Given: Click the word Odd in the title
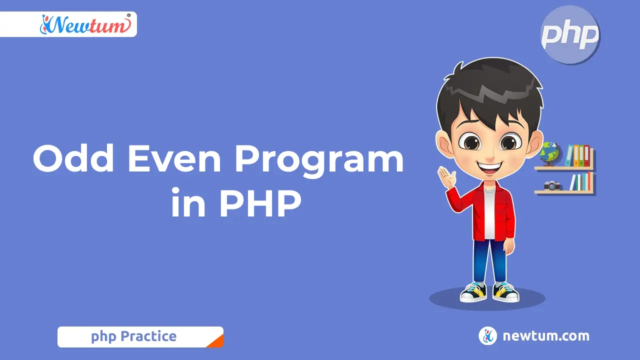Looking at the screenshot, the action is (73, 158).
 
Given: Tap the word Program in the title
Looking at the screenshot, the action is (319, 162).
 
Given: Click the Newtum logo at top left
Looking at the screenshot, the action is (85, 24).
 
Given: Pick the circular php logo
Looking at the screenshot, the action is (570, 34).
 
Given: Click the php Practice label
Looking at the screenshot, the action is (133, 336).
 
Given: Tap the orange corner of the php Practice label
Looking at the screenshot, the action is (217, 342).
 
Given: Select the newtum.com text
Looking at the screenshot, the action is (546, 336).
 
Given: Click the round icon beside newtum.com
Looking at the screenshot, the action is (487, 335).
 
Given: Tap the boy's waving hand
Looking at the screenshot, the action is (447, 177).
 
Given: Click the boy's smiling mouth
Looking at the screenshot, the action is (489, 168).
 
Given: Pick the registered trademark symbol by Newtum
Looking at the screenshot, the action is (128, 15).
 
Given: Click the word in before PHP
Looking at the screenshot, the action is (188, 202).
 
